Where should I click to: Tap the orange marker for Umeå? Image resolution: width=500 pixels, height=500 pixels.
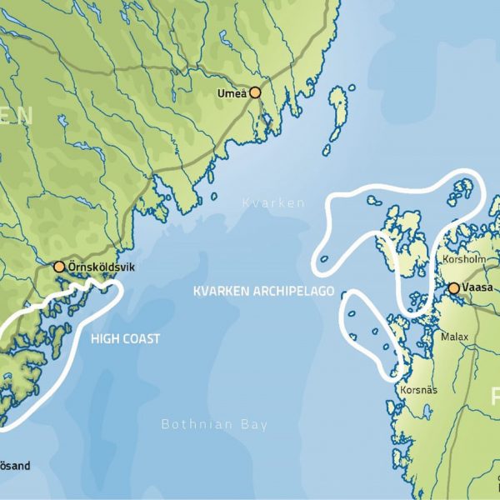point(255,93)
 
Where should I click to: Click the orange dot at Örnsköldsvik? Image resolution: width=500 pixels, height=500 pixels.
point(59,267)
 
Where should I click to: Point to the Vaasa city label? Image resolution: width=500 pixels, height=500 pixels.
point(480,288)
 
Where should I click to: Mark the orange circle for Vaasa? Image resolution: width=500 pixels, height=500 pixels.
point(453,288)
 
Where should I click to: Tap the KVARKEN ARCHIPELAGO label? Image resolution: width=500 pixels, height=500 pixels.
point(263,292)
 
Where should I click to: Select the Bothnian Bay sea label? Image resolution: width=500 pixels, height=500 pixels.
point(214,425)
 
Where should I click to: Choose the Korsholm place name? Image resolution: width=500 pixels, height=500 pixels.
point(461,259)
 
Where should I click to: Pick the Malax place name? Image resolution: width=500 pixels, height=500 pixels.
point(455,337)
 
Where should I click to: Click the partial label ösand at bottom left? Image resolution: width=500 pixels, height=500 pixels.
point(15,466)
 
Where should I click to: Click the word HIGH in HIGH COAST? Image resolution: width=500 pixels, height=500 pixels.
point(103,339)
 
